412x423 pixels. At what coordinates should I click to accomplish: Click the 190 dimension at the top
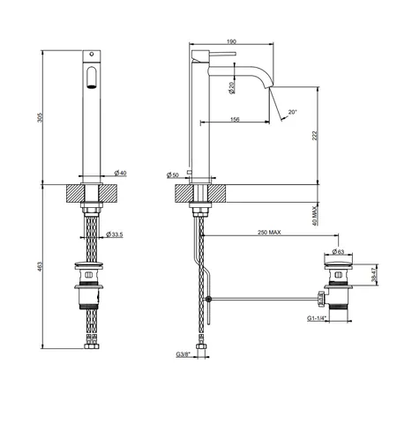232,41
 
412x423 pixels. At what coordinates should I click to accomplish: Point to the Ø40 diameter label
120,173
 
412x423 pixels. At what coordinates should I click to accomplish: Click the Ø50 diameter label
173,175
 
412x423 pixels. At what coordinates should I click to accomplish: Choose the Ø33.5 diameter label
115,234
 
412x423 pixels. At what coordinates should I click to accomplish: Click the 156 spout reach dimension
235,119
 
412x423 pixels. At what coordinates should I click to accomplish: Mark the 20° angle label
293,112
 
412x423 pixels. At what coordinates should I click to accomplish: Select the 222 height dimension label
315,136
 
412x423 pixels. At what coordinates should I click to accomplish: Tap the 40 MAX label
315,216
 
